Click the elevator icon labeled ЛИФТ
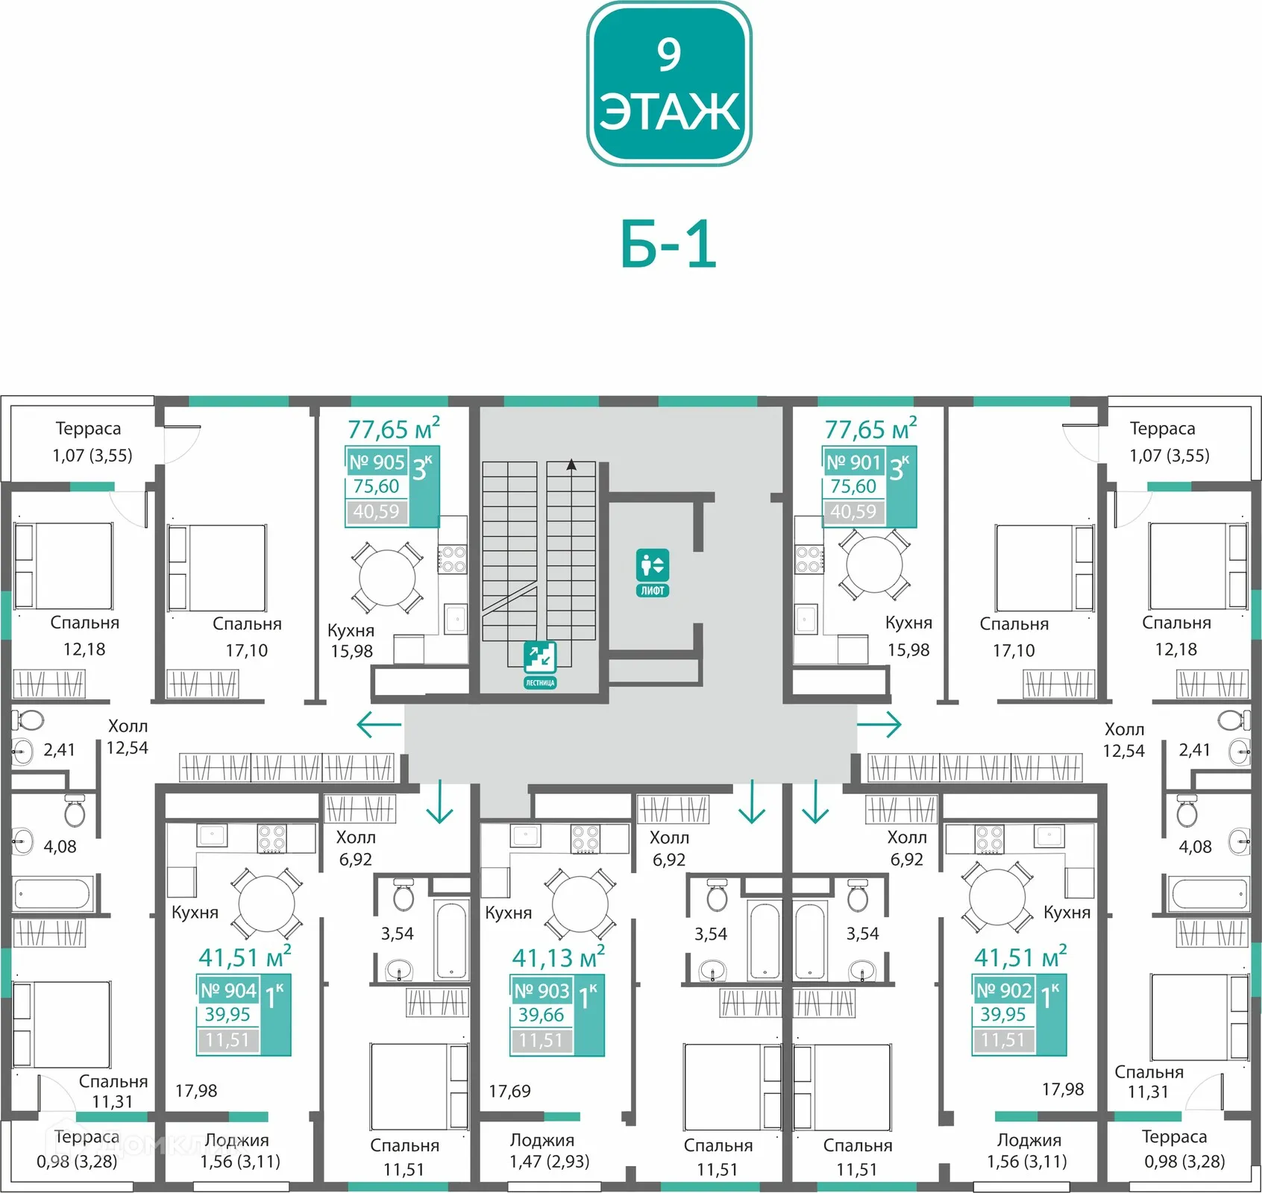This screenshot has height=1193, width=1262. point(653,573)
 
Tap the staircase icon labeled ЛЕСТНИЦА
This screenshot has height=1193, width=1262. point(540,664)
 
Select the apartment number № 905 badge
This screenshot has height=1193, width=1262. point(377,462)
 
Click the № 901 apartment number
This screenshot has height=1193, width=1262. point(854,462)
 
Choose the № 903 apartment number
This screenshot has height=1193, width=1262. point(541,991)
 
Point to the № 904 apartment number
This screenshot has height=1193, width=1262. point(228,990)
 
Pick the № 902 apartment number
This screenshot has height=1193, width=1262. point(1004,990)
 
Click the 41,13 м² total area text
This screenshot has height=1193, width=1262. point(558,957)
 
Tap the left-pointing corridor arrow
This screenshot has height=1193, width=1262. point(379,724)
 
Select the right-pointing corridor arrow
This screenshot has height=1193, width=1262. point(879,724)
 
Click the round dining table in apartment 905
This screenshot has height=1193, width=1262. point(387,578)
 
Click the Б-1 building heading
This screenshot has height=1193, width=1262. point(668,245)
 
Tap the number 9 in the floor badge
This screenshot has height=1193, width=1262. point(669,54)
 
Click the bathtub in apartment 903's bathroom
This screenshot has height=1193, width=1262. point(765,940)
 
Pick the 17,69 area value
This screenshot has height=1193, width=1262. point(509,1092)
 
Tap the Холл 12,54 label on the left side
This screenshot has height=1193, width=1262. point(128,737)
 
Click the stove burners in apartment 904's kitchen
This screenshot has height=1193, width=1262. point(271,838)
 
